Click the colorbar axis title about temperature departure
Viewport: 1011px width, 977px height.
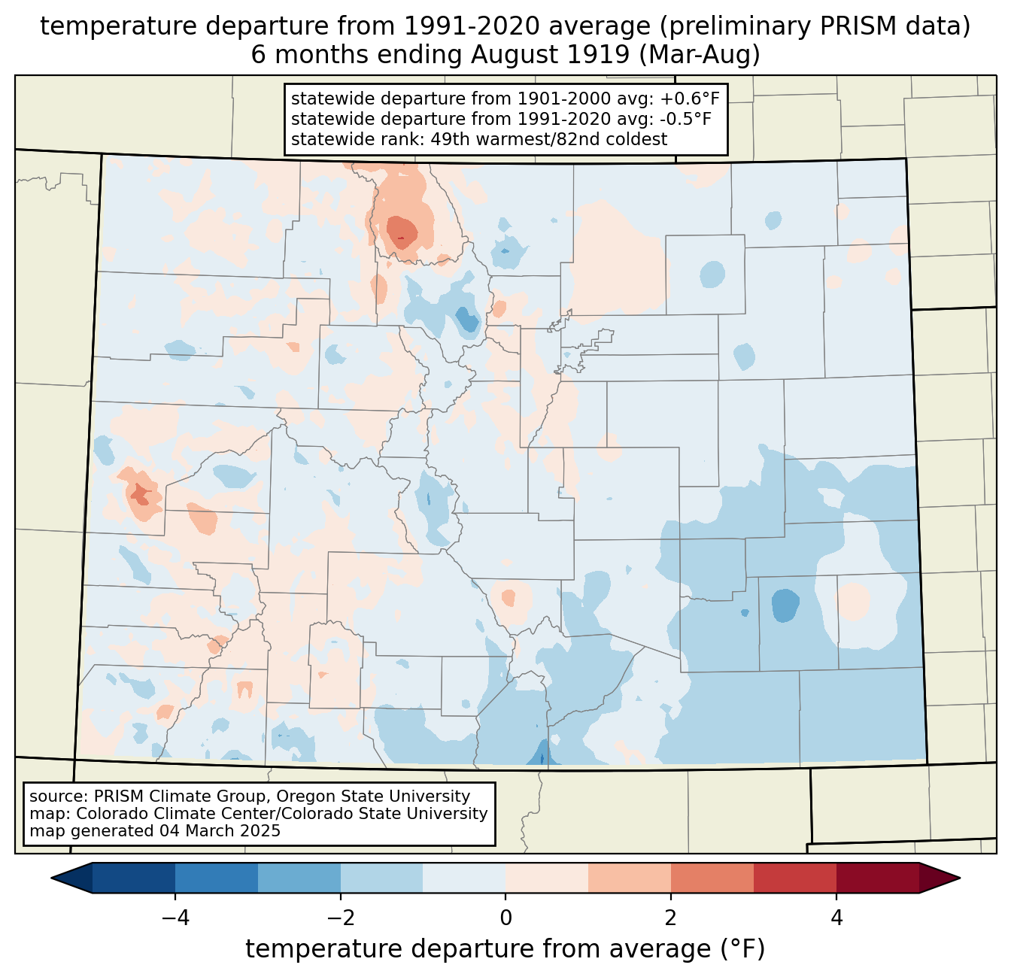pyautogui.click(x=505, y=949)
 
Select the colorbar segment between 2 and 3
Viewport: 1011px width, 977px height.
pyautogui.click(x=712, y=878)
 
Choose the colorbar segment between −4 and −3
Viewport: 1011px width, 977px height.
pyautogui.click(x=217, y=878)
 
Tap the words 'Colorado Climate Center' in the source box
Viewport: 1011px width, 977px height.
pyautogui.click(x=164, y=814)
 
